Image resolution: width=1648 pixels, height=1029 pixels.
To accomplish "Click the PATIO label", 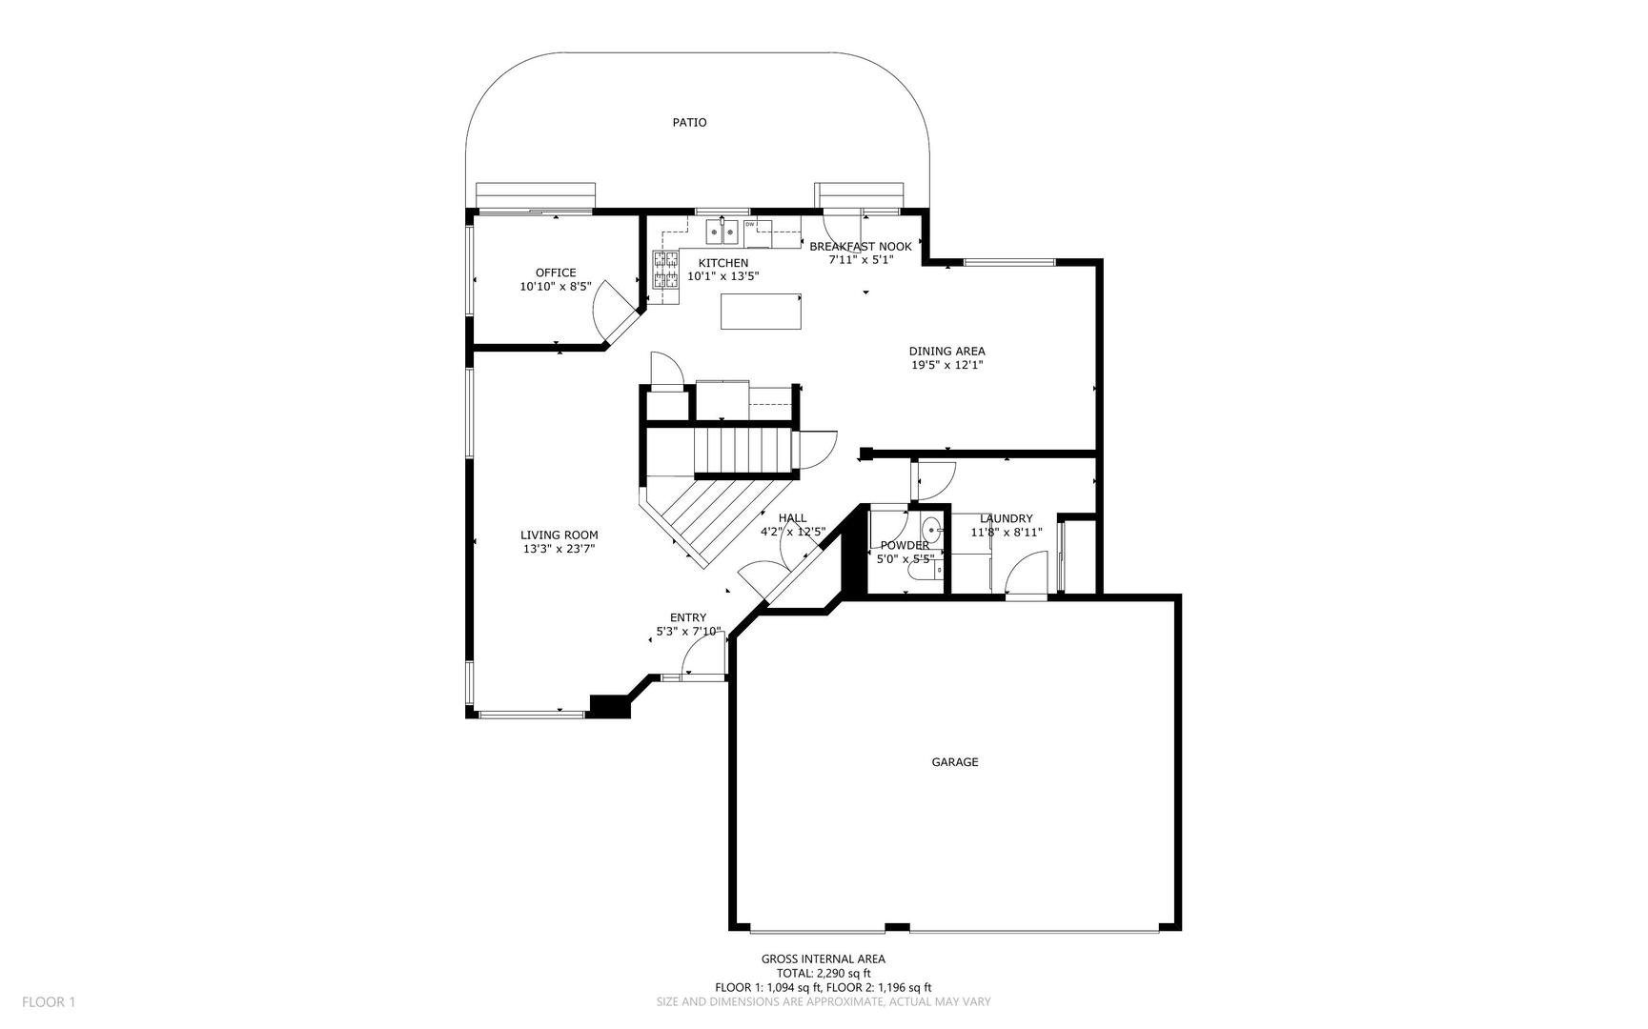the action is point(689,122).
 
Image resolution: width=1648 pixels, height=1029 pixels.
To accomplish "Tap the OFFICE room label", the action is point(556,272).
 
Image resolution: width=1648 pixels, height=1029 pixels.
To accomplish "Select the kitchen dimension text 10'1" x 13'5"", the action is point(723,276).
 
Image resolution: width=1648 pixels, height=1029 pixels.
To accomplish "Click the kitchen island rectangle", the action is point(761,312).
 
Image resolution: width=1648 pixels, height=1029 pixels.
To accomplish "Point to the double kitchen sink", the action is point(722,231).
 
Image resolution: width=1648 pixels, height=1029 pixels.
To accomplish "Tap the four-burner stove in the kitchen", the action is point(665,269).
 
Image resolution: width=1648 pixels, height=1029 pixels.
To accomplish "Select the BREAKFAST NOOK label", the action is point(861,246).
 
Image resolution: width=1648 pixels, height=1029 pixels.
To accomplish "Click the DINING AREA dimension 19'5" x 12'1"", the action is point(946,364).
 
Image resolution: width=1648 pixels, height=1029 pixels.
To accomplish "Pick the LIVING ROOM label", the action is point(560,535).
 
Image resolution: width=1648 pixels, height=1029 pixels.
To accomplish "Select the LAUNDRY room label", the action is point(1006,518).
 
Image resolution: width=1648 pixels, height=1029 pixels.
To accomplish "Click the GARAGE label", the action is point(955,761).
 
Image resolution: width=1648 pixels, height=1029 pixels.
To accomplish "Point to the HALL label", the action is point(792,518).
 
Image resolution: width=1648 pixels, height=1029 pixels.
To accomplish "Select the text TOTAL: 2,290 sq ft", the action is point(824,973).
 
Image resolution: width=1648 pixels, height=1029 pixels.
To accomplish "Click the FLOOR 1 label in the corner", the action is point(49,1001).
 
